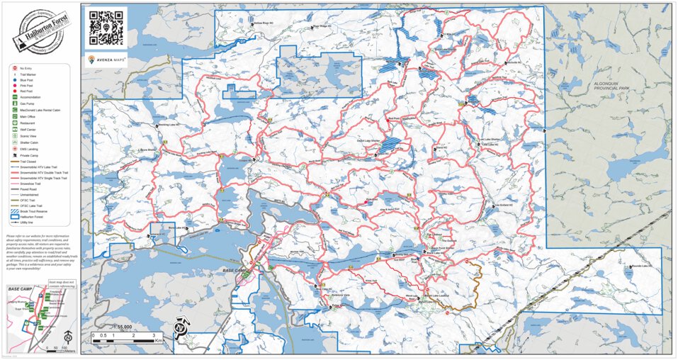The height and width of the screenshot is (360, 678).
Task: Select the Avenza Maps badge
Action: click(x=106, y=60)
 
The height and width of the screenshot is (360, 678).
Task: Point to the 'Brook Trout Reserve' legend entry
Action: click(x=33, y=211)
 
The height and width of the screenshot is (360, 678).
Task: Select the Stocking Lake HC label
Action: click(x=171, y=125)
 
